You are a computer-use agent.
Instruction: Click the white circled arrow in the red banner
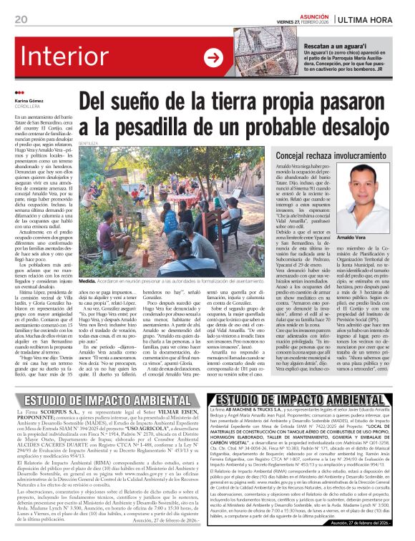click(x=213, y=57)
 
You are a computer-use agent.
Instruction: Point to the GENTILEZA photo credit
click(x=89, y=144)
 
